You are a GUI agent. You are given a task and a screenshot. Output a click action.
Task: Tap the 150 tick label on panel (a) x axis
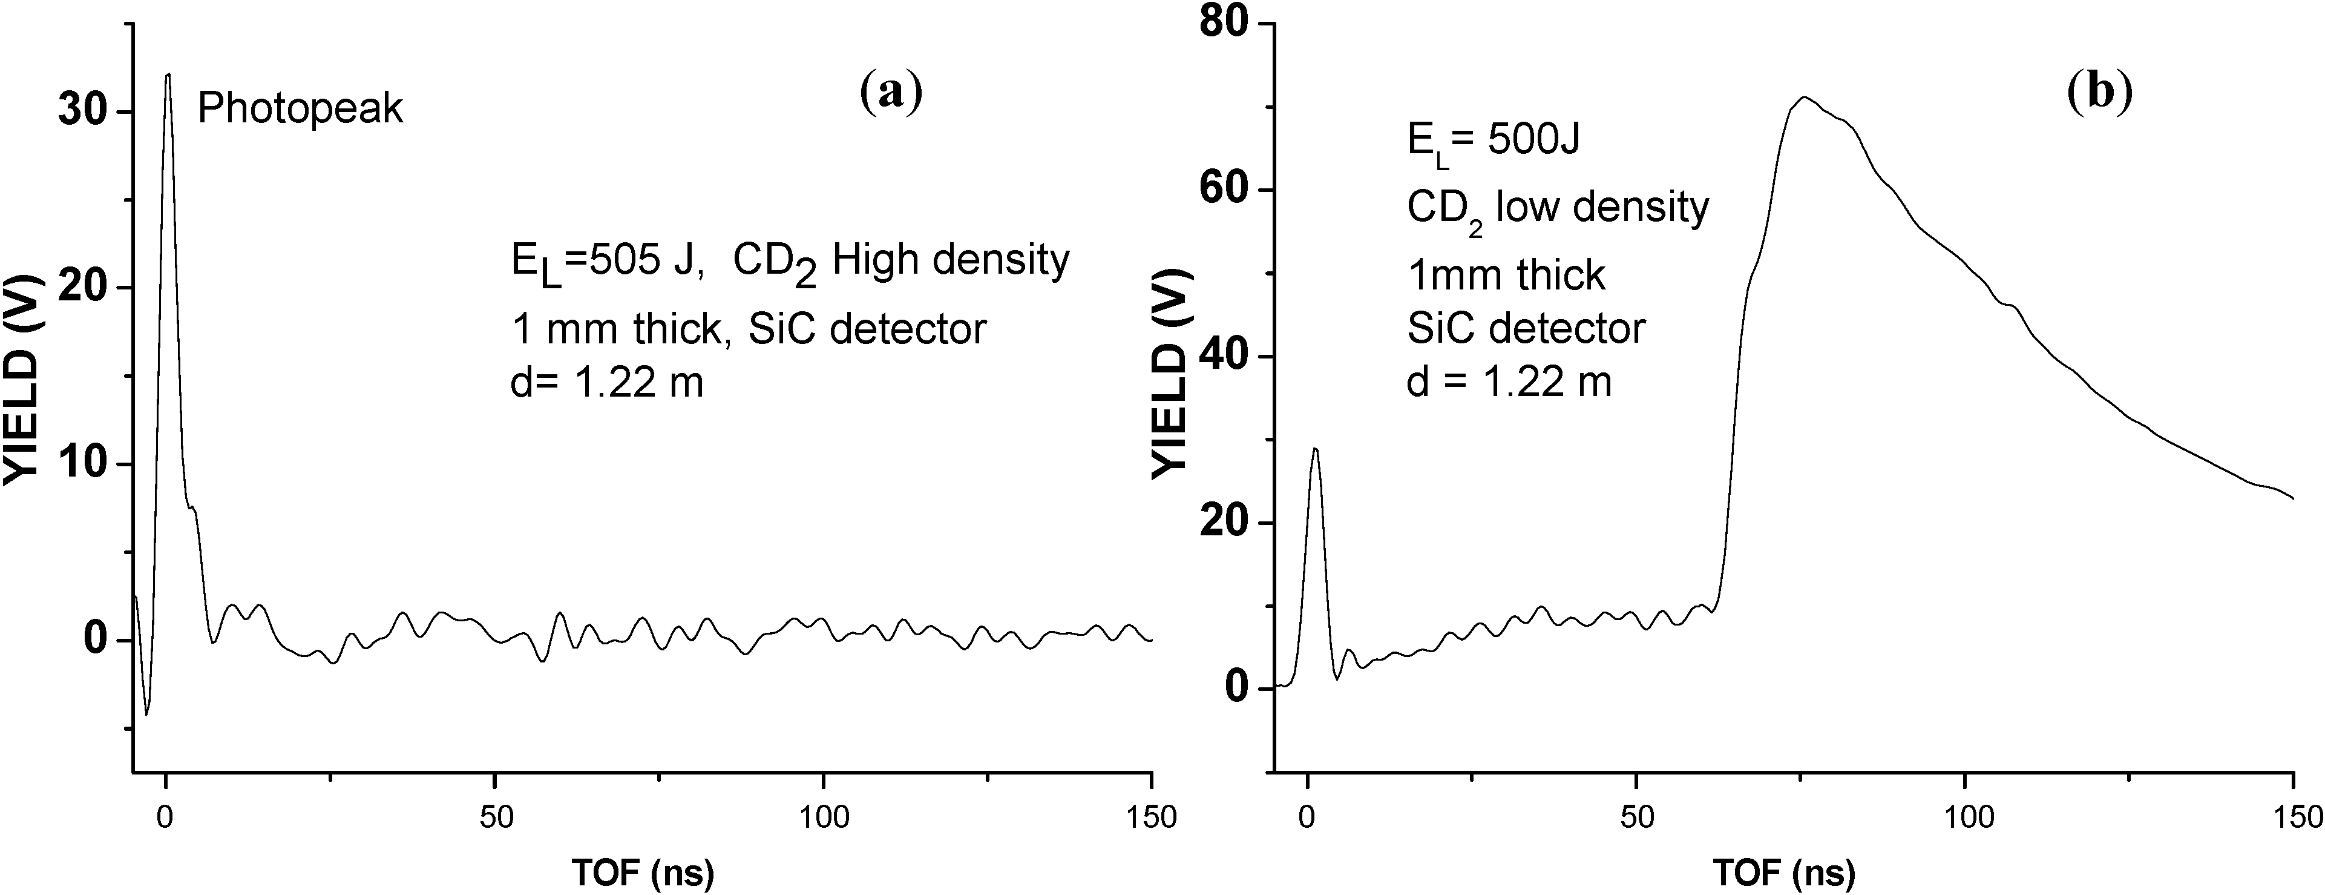pos(1152,818)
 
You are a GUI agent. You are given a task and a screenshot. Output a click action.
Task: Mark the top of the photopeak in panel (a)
pos(167,75)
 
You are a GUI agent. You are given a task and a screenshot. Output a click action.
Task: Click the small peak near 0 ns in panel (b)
pos(1315,449)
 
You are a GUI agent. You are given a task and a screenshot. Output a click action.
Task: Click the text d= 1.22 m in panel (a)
pos(606,384)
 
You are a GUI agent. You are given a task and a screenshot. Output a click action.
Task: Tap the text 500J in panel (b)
pos(1533,141)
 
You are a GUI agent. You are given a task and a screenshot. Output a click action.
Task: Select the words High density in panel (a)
pos(951,260)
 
